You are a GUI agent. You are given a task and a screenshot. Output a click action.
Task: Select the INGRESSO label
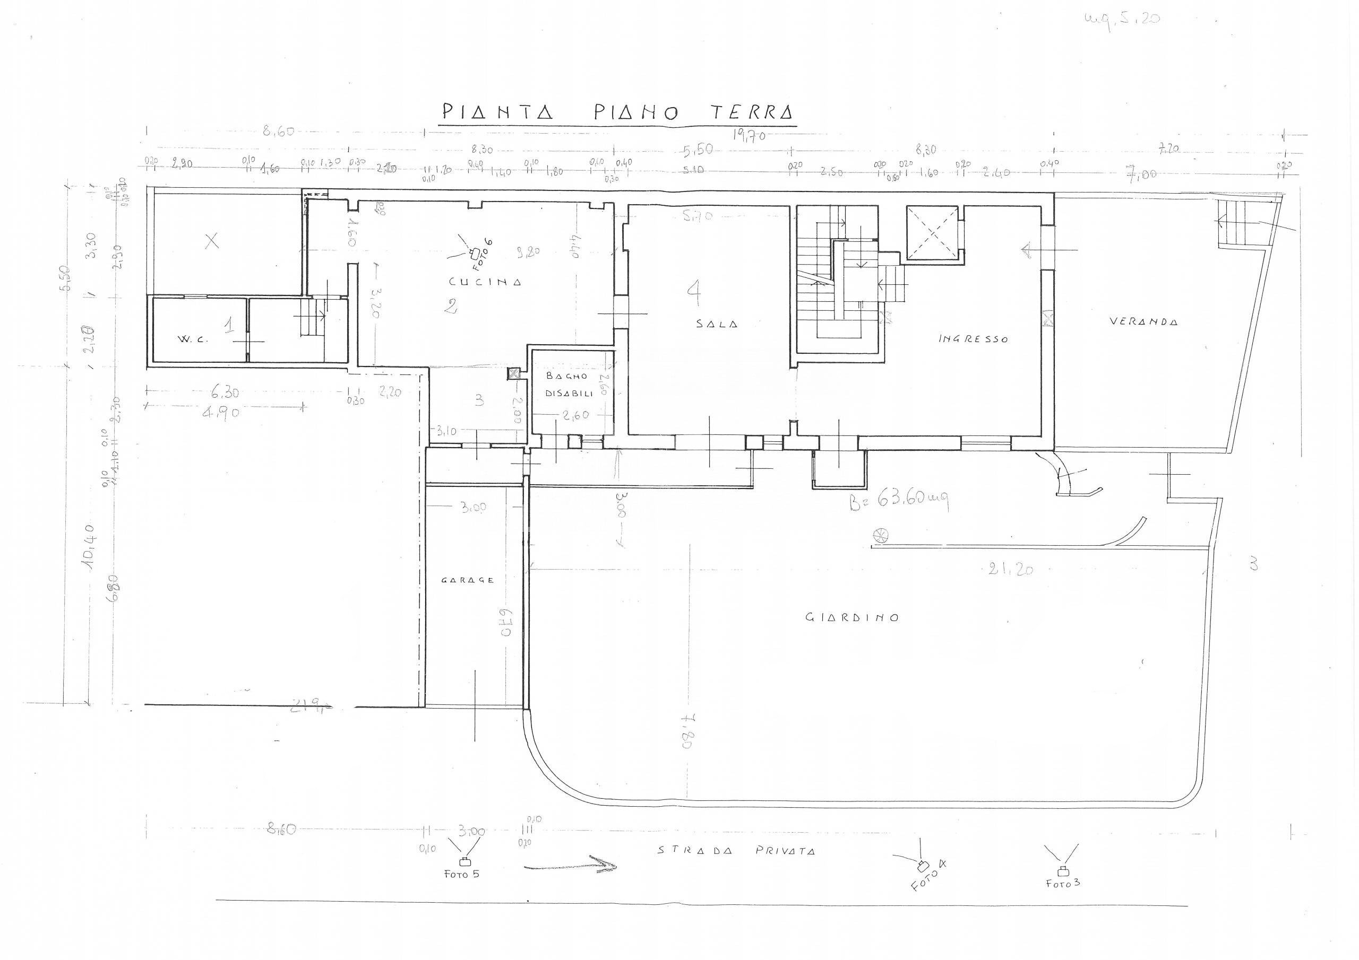coord(973,339)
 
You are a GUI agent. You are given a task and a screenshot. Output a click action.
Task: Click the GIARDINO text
coord(853,617)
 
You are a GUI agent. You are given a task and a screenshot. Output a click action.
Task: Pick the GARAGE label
coord(467,580)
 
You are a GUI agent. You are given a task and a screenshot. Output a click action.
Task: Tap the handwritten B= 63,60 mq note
coord(900,502)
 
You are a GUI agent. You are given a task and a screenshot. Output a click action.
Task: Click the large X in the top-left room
coord(211,240)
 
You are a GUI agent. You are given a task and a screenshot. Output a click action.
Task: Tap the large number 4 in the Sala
coord(694,291)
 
